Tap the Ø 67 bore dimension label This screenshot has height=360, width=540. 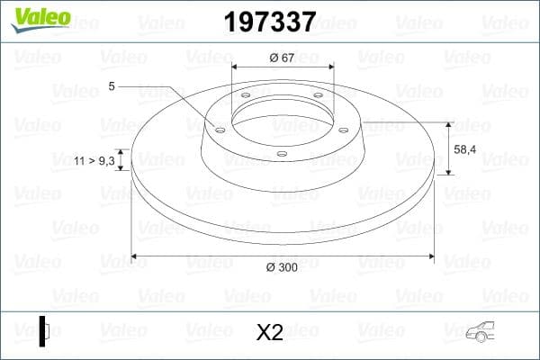click(x=283, y=58)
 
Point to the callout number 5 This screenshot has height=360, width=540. click(x=111, y=86)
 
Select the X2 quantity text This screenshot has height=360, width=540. click(x=270, y=333)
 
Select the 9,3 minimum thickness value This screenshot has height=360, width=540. click(x=105, y=160)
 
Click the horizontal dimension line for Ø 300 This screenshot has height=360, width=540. click(x=198, y=257)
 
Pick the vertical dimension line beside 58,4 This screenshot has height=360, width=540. click(x=447, y=148)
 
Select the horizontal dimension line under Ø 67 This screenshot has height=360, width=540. click(x=283, y=67)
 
